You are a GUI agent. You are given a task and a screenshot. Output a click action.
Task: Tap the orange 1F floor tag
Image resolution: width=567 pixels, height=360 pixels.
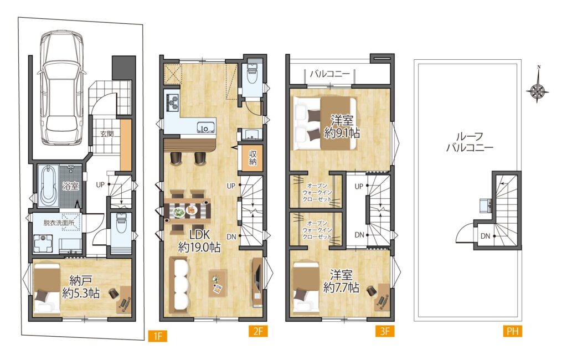coord(158,336)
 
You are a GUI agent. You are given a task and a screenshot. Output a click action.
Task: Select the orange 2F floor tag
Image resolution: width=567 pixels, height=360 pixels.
coord(258,331)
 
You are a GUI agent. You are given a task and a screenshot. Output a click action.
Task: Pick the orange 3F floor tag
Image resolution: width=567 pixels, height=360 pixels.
coord(385,331)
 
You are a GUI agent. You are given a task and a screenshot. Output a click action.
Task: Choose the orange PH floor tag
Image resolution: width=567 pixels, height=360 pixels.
coord(513,331)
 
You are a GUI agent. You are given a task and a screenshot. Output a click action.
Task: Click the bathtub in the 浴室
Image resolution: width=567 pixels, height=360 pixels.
coord(48,186)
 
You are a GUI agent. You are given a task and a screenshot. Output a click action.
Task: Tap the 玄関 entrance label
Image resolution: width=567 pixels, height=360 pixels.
coord(107,134)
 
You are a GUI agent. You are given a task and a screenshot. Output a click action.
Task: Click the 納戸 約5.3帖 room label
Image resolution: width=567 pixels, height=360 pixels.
coord(81,286)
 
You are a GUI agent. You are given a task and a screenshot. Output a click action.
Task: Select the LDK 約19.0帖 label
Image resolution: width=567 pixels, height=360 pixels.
coord(199,241)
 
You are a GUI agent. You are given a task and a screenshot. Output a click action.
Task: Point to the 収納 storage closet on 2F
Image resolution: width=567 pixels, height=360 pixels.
coord(252,157)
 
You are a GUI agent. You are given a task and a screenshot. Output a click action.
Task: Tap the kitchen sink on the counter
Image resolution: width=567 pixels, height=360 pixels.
coord(207,127)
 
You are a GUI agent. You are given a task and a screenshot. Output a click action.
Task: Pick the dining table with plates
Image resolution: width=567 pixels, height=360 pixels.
coord(187,210)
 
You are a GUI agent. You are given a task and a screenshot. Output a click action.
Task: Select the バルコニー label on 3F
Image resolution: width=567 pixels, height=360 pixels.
coord(330,74)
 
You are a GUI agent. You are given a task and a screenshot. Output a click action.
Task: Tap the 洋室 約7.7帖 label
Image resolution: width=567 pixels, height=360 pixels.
coord(341,281)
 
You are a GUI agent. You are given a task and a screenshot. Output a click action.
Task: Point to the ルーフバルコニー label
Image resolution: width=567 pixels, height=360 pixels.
coord(470,142)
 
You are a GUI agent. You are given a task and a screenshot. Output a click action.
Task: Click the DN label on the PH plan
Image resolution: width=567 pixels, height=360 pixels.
coord(485,236)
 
